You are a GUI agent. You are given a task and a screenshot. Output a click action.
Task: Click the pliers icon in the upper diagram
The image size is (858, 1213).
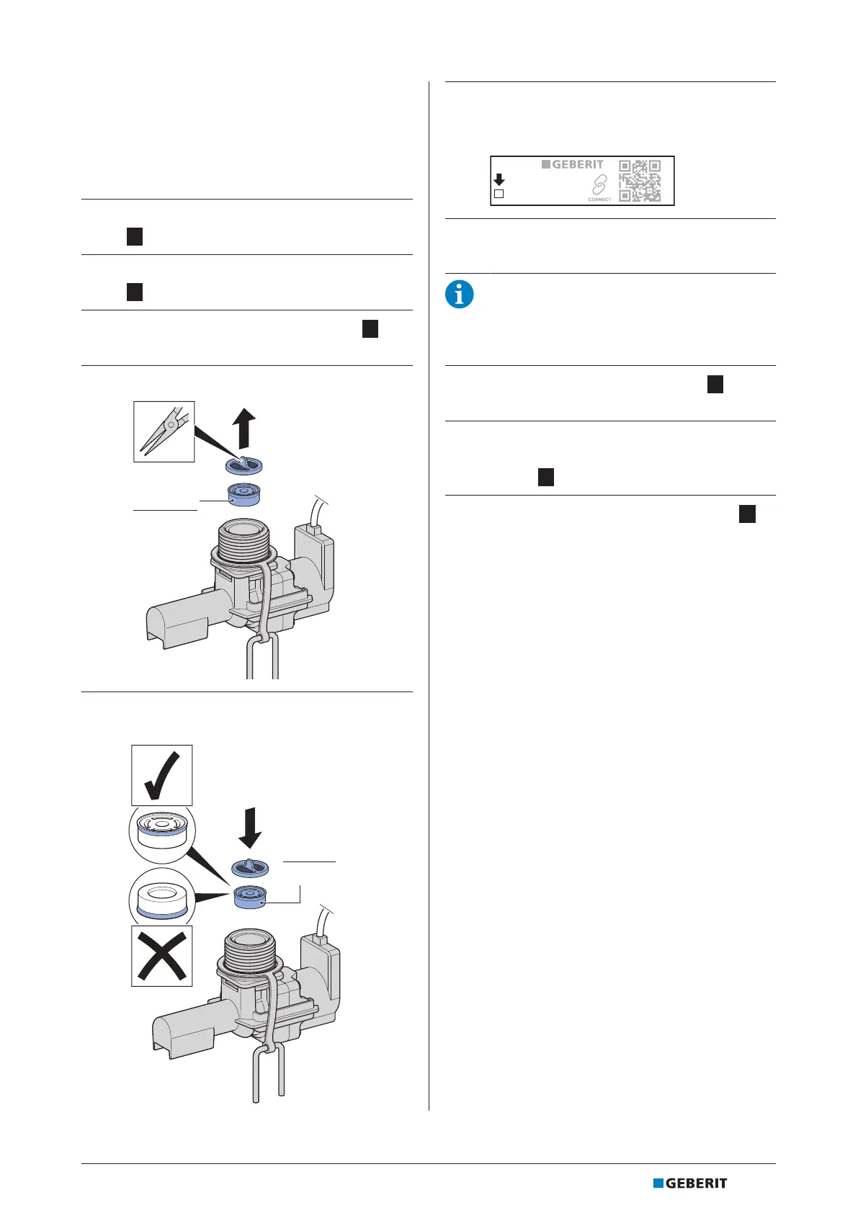164,431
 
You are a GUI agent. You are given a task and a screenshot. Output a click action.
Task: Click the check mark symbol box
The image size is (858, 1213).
162,775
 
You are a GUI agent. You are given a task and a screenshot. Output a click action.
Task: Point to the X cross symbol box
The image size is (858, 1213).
162,955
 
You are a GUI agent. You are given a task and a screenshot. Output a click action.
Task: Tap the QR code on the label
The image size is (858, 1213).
640,181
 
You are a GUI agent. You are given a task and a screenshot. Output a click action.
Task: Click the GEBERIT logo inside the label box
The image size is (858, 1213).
573,164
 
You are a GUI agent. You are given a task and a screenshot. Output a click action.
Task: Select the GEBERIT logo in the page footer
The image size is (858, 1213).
690,1183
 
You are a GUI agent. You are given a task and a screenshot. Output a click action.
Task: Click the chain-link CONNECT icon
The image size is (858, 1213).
599,185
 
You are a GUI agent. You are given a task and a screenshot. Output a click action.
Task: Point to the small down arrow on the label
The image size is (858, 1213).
499,179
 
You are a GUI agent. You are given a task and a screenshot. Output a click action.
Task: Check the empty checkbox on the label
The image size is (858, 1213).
499,194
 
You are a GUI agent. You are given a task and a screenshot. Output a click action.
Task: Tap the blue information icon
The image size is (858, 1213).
460,295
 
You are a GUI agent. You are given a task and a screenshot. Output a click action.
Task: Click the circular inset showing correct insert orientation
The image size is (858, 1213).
162,833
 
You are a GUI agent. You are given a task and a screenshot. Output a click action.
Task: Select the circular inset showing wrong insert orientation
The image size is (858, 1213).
162,897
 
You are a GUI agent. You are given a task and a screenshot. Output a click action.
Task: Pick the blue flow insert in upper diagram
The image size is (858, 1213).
244,495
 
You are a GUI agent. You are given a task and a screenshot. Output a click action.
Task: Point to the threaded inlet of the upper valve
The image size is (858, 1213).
246,536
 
